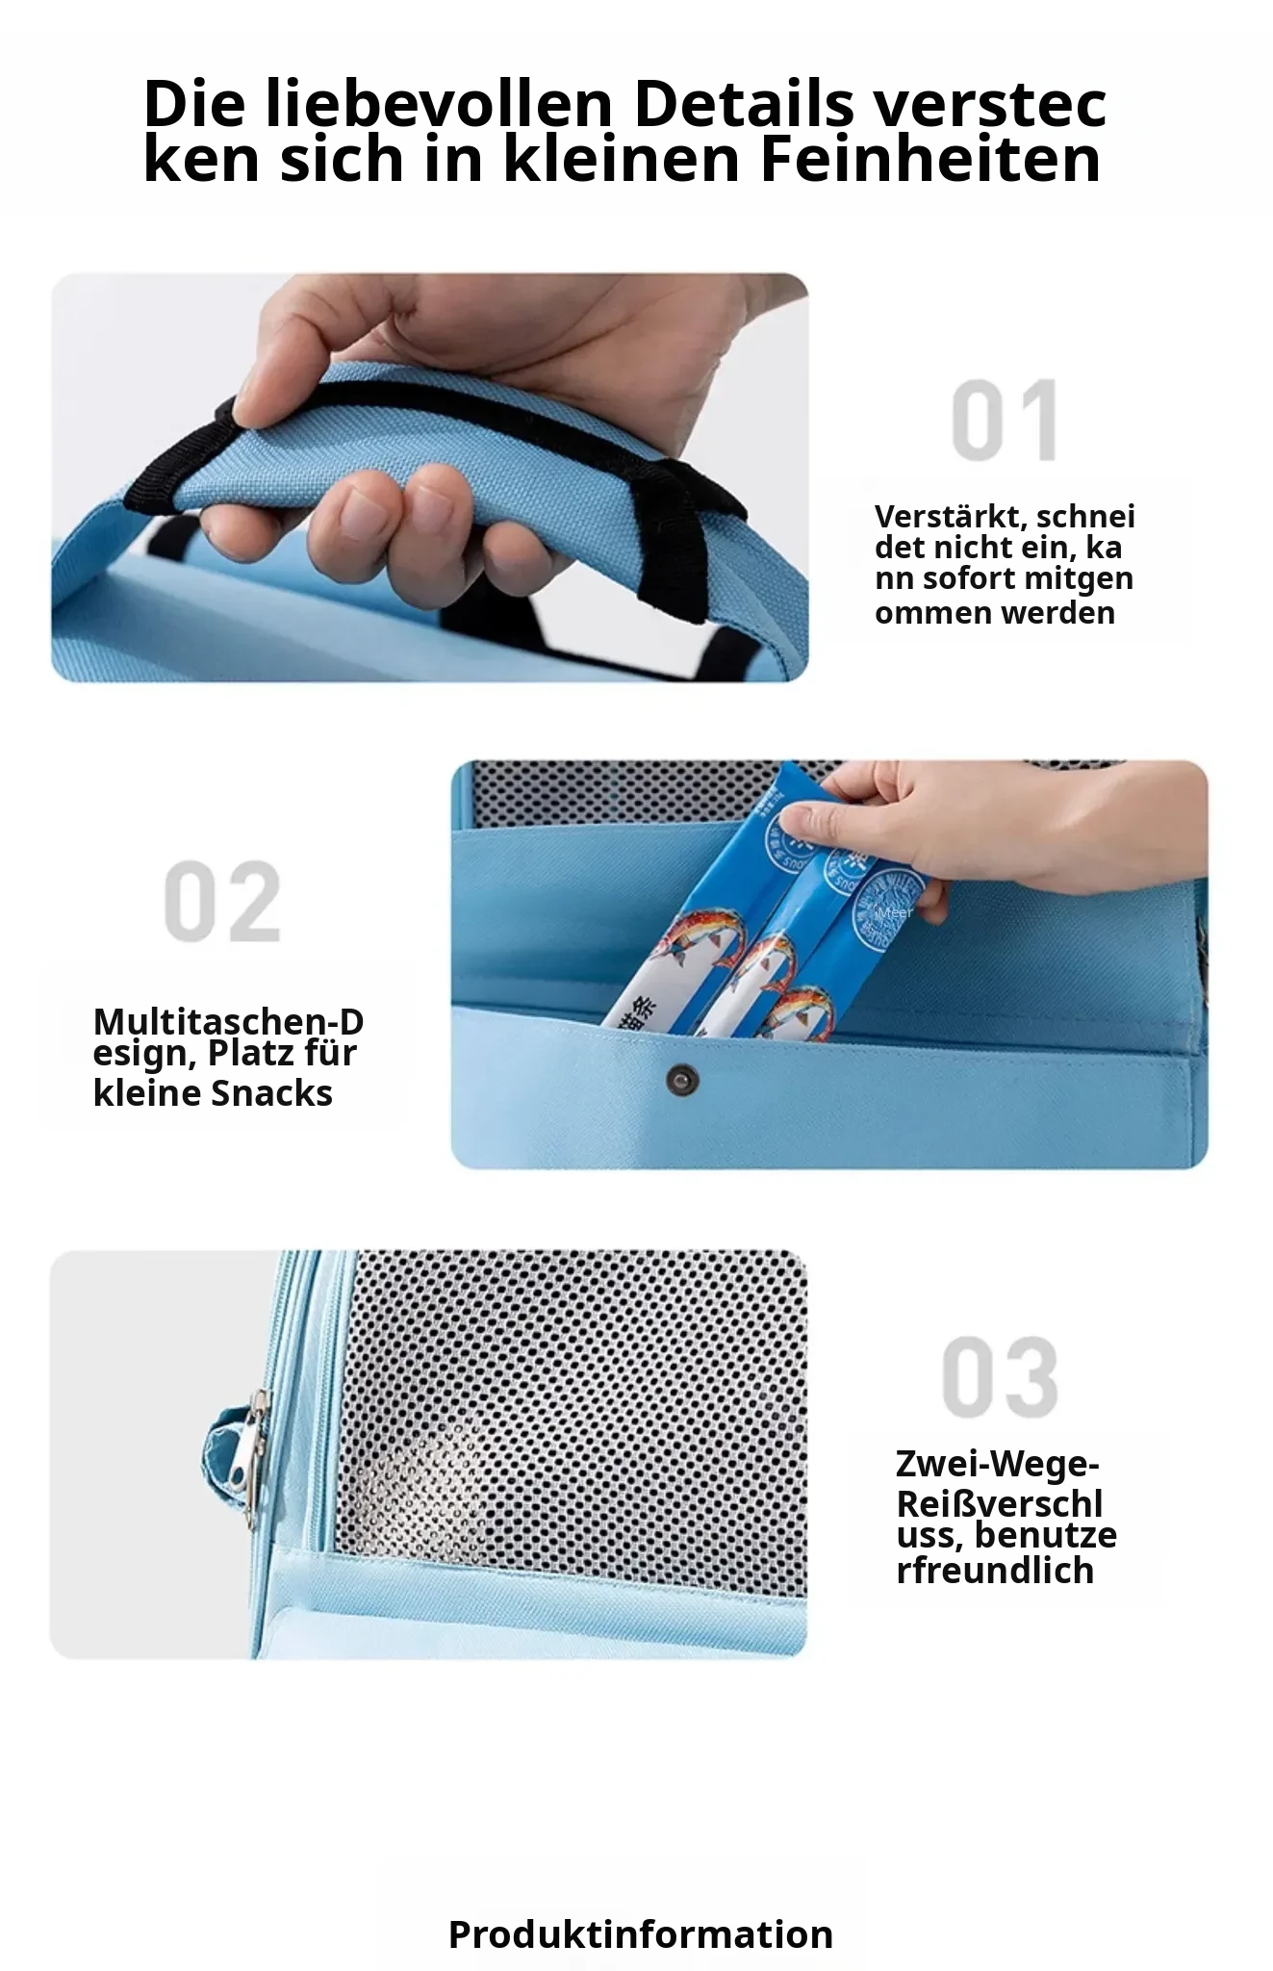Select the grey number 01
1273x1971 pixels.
[1006, 421]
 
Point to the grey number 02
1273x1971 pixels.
[222, 902]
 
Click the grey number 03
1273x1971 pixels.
[1001, 1377]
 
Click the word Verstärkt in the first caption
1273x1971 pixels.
[950, 517]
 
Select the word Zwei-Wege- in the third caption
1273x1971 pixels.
[998, 1464]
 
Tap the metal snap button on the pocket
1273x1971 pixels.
[682, 1080]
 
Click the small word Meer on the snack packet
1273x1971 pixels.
[895, 912]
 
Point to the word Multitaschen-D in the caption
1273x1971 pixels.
[228, 1021]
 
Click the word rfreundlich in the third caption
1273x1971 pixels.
[995, 1571]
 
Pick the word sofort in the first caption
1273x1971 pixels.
[972, 578]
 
